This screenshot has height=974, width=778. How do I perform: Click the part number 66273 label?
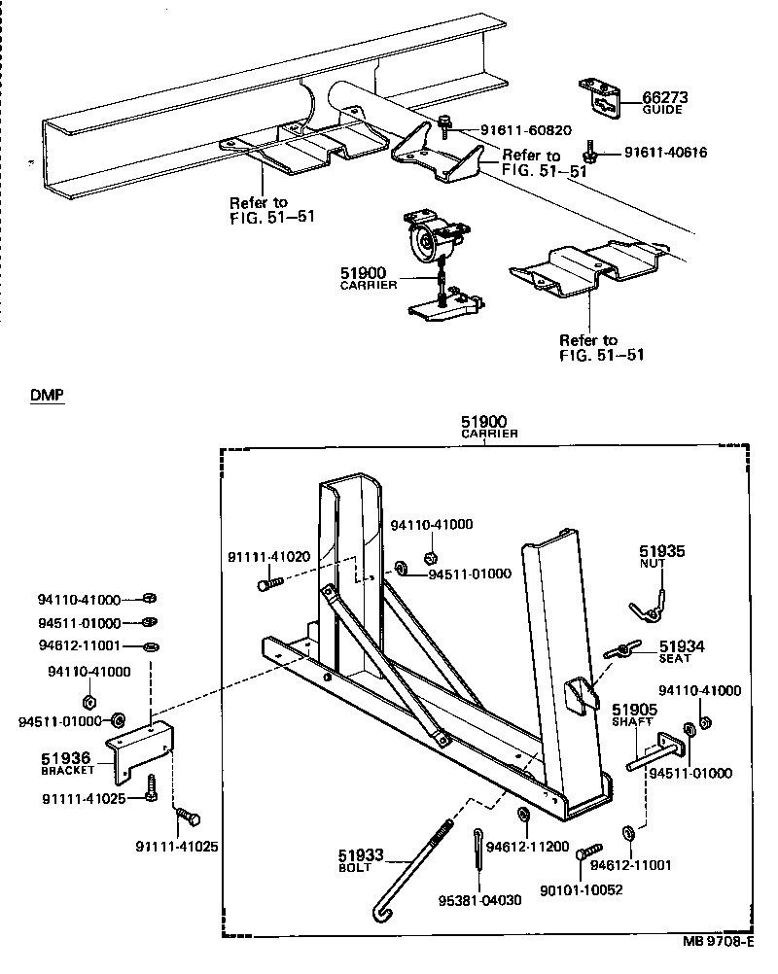[665, 97]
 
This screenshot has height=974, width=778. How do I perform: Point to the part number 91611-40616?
[665, 153]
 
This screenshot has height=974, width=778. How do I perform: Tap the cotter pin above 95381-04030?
[480, 850]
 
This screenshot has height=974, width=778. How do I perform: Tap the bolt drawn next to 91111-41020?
[271, 584]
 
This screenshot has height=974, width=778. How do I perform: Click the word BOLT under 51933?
[354, 868]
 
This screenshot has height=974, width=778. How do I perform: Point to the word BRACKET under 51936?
[68, 770]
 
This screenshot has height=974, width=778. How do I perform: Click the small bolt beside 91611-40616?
[591, 153]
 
